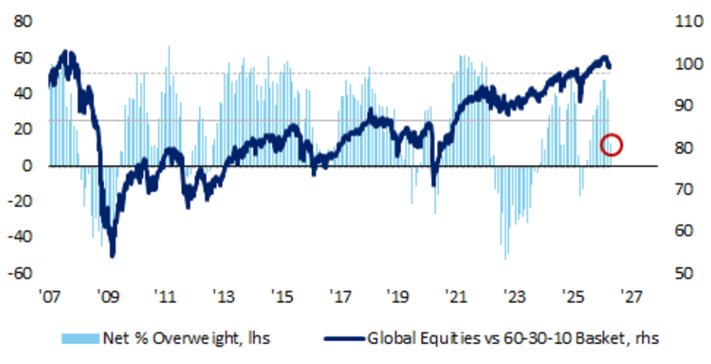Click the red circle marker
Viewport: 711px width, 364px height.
tap(612, 145)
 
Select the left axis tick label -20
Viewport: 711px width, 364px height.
tap(21, 201)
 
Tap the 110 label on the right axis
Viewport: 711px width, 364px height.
tap(686, 22)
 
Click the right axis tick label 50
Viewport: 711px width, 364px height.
tap(683, 273)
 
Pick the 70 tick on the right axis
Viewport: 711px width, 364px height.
tap(683, 190)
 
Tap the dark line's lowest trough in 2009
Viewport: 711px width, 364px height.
tap(112, 255)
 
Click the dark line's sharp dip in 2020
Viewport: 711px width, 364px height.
tap(433, 185)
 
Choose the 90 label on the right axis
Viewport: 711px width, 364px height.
tap(683, 106)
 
